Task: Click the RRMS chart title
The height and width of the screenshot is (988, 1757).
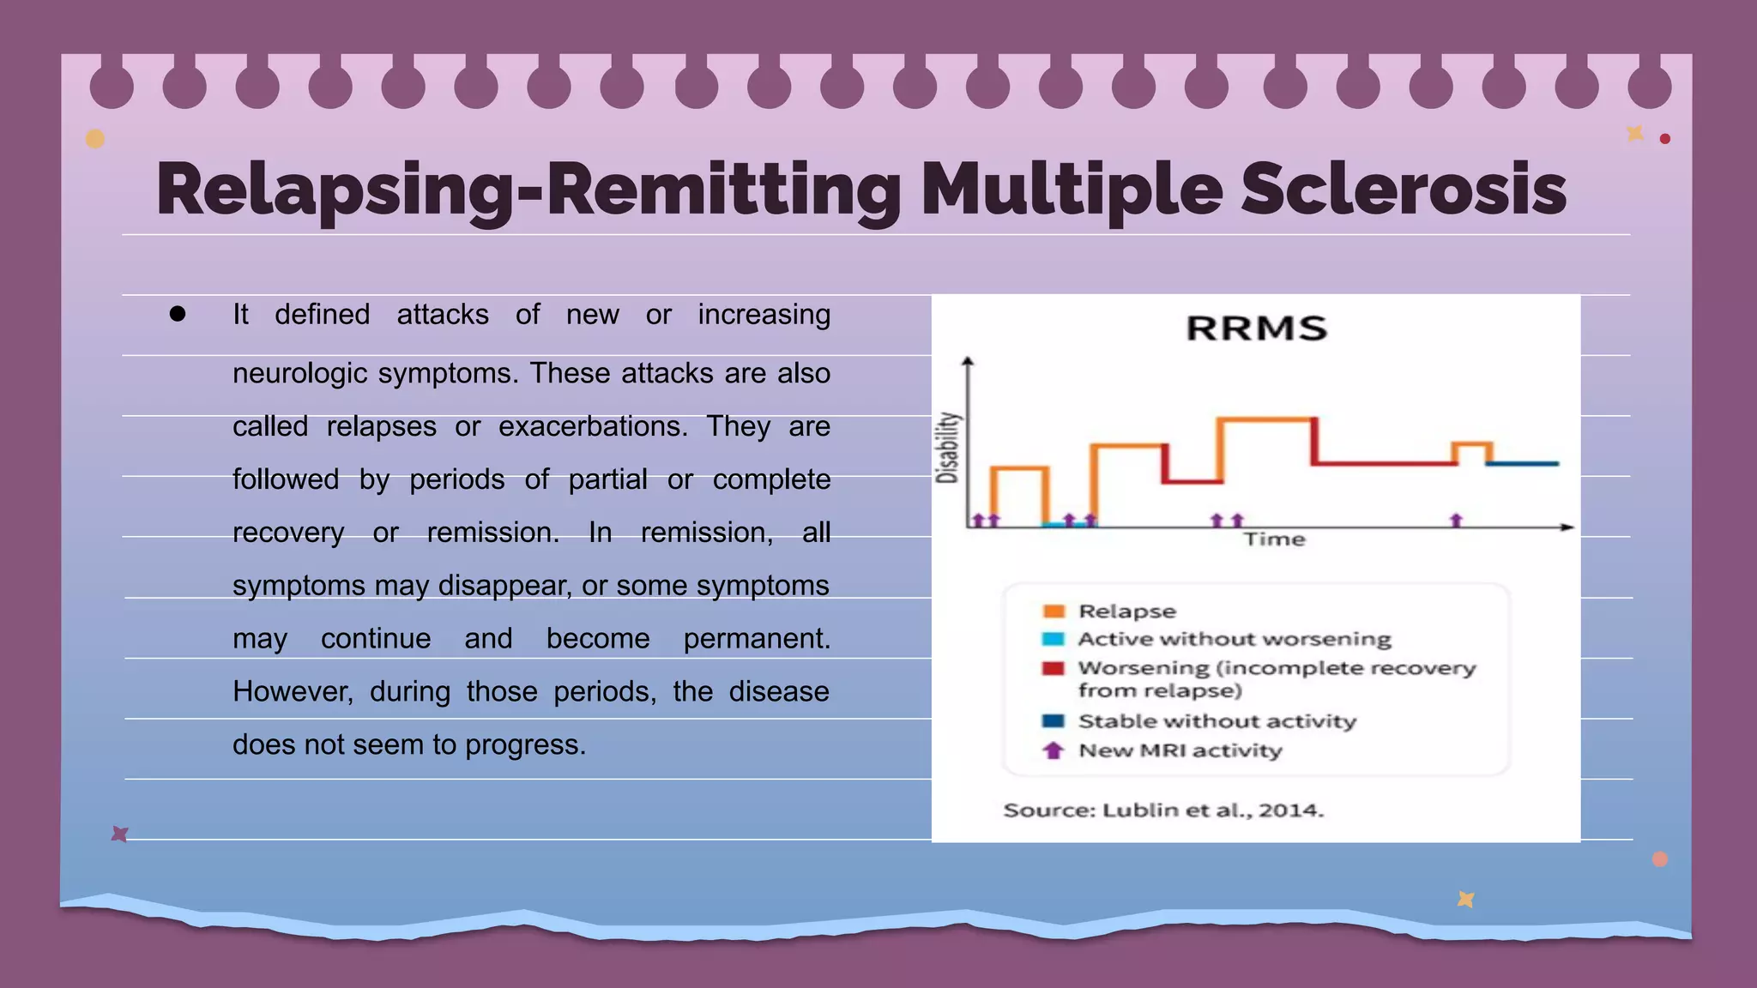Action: (1257, 328)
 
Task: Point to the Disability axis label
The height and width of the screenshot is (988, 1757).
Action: (947, 448)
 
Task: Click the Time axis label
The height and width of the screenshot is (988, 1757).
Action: (1275, 539)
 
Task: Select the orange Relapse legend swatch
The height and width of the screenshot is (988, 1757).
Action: (1054, 611)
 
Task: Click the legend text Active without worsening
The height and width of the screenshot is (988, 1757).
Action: (1235, 639)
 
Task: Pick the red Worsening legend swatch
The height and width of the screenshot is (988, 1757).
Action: (1054, 668)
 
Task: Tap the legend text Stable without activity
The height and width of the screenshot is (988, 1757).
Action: (1217, 721)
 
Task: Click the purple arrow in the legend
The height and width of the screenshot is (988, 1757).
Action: (1054, 750)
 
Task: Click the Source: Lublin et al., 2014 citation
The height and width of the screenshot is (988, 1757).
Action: (1163, 810)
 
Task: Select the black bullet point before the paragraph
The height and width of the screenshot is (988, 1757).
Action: (178, 314)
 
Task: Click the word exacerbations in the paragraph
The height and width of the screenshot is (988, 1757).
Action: (593, 426)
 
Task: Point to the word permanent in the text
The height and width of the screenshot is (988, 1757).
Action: (756, 638)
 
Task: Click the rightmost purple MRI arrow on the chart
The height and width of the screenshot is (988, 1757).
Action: (1456, 520)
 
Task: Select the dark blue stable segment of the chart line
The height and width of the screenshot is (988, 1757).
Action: (1524, 463)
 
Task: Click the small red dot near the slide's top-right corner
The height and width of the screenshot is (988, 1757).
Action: (1665, 139)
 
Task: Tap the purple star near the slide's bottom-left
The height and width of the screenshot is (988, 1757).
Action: (120, 834)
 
